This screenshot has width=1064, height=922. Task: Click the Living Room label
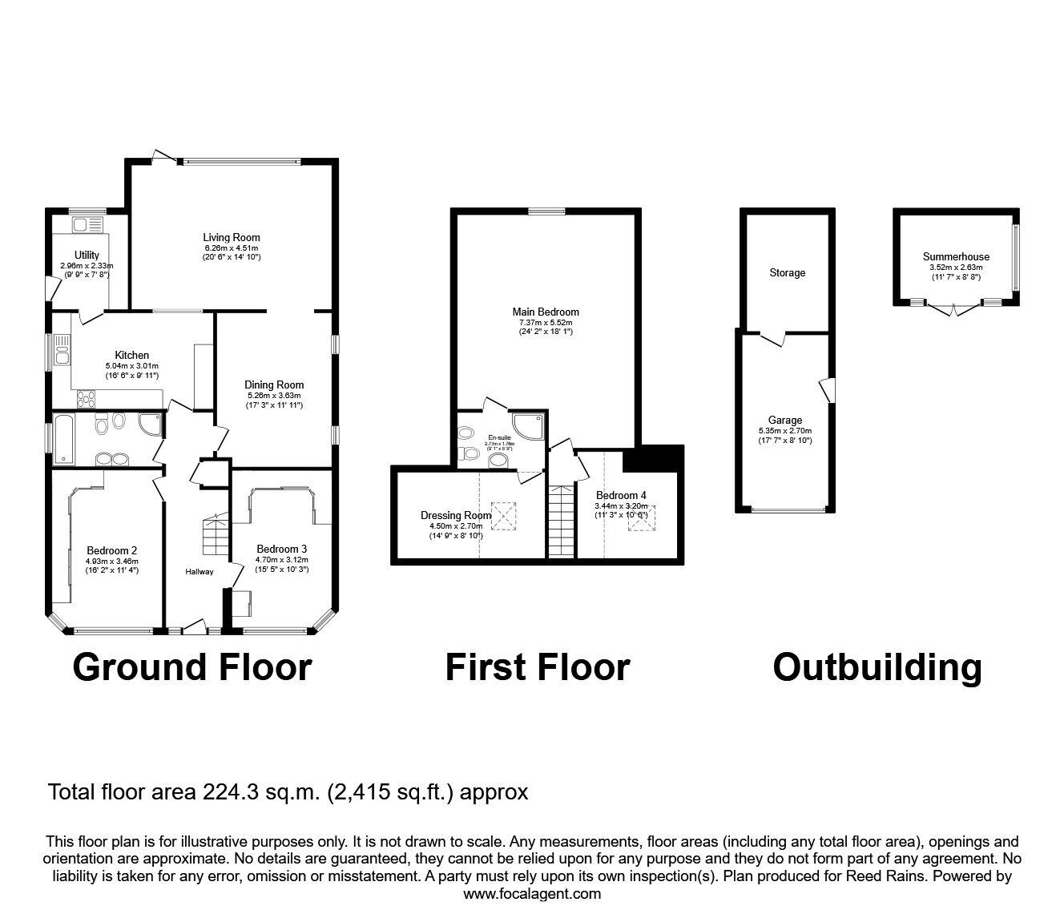231,237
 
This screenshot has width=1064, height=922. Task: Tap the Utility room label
87,255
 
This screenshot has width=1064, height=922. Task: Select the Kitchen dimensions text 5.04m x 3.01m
131,366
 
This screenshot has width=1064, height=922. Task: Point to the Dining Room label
274,385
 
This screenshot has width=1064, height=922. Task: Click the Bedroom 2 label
112,550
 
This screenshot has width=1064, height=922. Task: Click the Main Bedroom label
545,312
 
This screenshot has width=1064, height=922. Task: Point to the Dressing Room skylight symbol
505,516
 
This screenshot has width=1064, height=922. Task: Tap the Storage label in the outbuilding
787,273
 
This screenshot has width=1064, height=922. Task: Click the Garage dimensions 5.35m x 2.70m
785,430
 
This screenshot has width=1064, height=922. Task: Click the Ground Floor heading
191,666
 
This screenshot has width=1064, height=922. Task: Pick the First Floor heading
537,666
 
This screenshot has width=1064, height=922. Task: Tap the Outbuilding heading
877,666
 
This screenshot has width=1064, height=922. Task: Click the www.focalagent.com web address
532,894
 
